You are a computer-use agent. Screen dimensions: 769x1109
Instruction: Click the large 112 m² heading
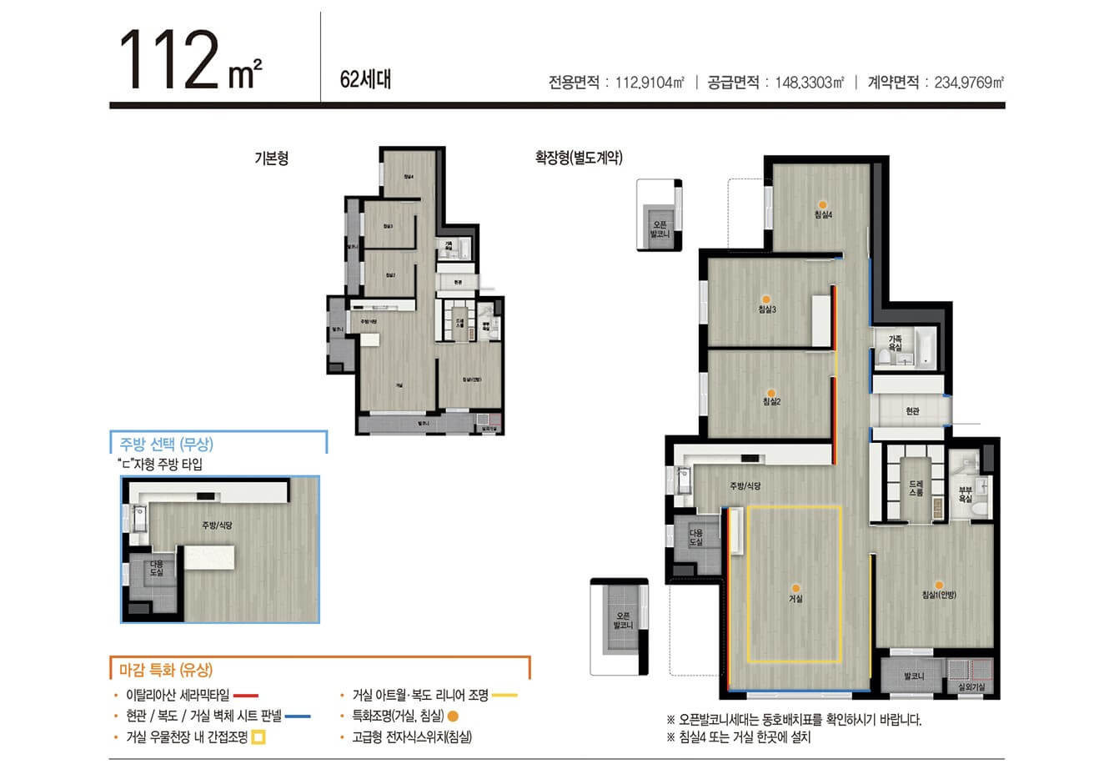click(192, 60)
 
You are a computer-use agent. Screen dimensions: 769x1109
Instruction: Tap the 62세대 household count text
click(365, 80)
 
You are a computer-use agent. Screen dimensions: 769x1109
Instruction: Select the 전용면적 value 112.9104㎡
click(650, 83)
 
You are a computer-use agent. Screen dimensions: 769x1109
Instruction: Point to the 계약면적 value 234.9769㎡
click(969, 83)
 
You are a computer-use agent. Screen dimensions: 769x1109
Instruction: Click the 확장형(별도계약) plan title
click(579, 158)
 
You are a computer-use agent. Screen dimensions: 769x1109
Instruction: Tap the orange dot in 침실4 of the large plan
click(822, 204)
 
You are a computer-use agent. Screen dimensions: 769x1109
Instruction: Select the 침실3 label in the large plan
click(767, 310)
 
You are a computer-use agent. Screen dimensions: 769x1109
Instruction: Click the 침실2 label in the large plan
click(771, 402)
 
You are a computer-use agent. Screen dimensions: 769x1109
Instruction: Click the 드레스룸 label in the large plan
click(916, 489)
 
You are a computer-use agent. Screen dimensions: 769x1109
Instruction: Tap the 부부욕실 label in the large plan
click(965, 494)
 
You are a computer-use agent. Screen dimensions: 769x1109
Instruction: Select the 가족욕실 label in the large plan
click(894, 344)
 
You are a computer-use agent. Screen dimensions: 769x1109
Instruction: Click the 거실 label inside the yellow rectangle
click(796, 598)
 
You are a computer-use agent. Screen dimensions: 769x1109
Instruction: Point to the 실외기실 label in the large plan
click(971, 686)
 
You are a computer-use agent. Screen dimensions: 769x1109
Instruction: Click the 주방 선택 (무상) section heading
click(166, 445)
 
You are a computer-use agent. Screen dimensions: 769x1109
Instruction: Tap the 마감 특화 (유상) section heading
click(166, 669)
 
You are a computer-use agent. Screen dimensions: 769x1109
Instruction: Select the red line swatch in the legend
click(246, 695)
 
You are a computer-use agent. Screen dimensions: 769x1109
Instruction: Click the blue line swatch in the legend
click(298, 716)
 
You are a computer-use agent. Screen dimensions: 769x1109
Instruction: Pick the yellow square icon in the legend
click(258, 737)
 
